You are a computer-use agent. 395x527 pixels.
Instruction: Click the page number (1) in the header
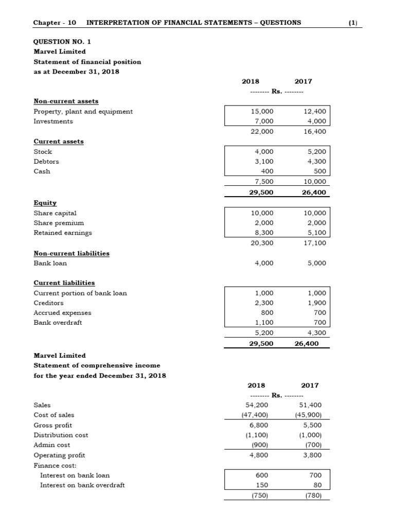[x=352, y=23]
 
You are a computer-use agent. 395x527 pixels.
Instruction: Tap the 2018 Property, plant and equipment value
[x=262, y=112]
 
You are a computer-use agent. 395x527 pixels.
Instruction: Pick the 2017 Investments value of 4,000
[x=315, y=121]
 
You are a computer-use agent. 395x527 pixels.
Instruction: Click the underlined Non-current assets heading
[x=66, y=101]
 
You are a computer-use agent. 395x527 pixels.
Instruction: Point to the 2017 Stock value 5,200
[x=315, y=152]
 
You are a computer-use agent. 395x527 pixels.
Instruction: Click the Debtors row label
[x=46, y=162]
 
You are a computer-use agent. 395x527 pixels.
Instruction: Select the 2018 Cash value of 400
[x=267, y=171]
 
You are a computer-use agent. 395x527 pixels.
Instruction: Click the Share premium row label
[x=59, y=223]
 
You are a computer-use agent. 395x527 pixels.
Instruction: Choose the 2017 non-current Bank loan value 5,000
[x=315, y=263]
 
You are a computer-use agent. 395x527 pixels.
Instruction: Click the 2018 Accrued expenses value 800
[x=267, y=313]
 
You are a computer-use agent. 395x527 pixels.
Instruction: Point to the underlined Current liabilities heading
[x=64, y=283]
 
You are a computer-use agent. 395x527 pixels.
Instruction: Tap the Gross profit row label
[x=52, y=425]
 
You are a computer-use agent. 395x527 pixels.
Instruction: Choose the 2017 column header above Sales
[x=310, y=385]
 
